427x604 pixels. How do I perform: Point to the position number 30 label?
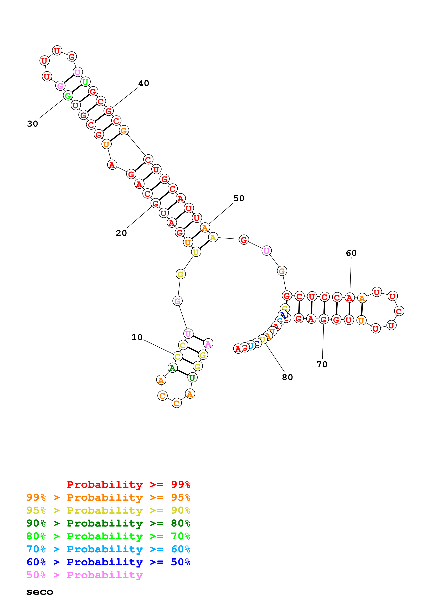(33, 124)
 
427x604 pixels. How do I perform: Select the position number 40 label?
(144, 83)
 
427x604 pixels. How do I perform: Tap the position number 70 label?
(322, 364)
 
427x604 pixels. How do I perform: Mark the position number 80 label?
(287, 377)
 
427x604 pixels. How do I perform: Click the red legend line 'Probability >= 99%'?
(129, 484)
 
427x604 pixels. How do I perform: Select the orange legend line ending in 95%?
(108, 497)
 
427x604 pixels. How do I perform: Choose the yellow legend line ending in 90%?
(108, 510)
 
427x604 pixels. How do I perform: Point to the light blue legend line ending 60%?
(108, 549)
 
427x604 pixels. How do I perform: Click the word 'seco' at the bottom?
(40, 592)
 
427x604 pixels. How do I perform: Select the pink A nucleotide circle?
(208, 343)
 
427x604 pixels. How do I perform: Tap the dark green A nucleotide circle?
(172, 368)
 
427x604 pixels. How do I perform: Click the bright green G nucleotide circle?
(68, 96)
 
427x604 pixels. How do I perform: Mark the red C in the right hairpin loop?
(399, 311)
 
